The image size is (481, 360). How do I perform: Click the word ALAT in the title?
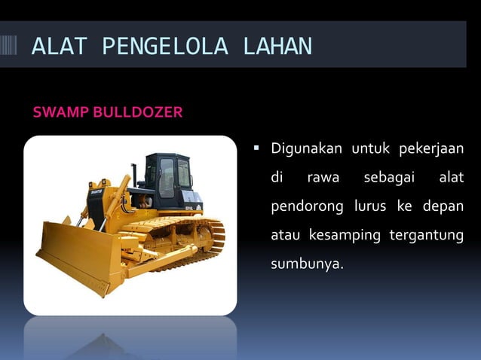point(60,46)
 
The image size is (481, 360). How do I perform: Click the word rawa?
point(323,178)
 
